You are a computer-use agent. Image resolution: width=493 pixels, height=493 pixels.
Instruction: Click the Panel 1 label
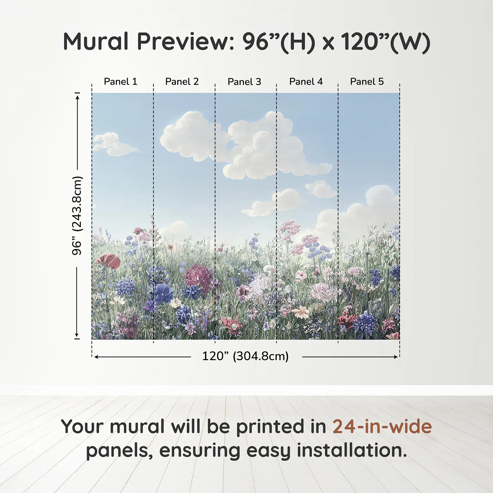coord(120,82)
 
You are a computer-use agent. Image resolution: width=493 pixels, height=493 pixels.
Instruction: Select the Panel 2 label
coord(182,82)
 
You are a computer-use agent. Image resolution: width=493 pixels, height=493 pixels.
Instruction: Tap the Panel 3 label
coord(244,82)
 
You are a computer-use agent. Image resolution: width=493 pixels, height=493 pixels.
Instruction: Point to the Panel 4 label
coord(306,82)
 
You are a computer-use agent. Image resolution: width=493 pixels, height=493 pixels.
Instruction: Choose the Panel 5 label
coord(367,82)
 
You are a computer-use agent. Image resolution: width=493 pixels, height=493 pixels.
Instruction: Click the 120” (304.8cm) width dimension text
coord(245,356)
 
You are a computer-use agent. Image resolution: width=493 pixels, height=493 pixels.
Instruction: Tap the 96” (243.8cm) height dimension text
coord(77,216)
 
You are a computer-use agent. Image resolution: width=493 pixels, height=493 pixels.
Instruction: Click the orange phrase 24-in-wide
coord(382,426)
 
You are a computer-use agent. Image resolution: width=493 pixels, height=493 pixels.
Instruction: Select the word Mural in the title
coord(95,42)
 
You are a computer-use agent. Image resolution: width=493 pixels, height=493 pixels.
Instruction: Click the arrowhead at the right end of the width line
coord(396,357)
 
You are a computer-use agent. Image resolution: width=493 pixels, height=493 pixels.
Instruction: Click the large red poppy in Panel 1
coord(108,261)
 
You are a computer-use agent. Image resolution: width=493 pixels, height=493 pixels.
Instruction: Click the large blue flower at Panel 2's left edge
coord(163,293)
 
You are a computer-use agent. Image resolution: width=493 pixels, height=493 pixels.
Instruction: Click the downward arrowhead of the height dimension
coord(76,335)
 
